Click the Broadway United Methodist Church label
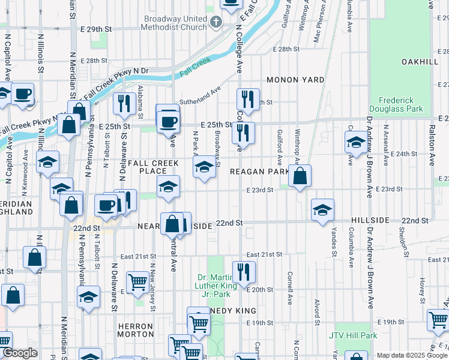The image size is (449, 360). [x=175, y=23]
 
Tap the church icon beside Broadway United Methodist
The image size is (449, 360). [x=216, y=23]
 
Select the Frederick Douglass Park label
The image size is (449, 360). [x=400, y=104]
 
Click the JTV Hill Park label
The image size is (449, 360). [x=353, y=335]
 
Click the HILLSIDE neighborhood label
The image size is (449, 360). [x=370, y=221]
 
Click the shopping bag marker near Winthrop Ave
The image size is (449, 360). [x=300, y=176]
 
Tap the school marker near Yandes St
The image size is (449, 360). [x=322, y=210]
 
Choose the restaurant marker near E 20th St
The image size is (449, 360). [x=244, y=271]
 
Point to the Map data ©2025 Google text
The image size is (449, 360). [x=411, y=355]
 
